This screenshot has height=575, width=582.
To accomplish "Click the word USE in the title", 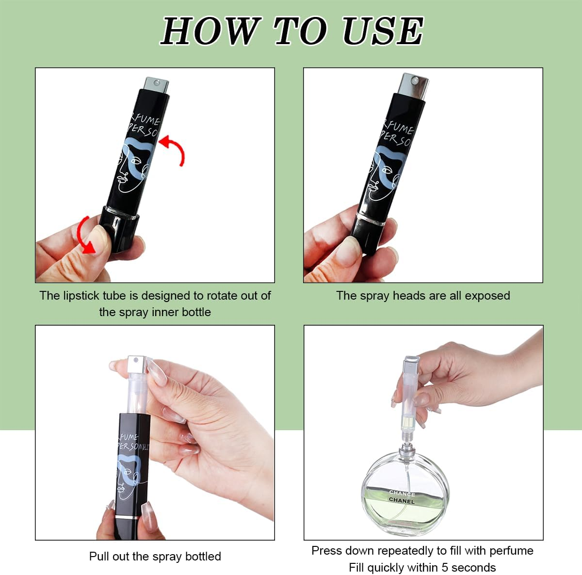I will point(382,31).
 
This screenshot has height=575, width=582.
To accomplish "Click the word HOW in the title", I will point(209,31).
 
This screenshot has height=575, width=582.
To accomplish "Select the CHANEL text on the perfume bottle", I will point(402,500).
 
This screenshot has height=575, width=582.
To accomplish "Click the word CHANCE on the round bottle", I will point(402,493).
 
